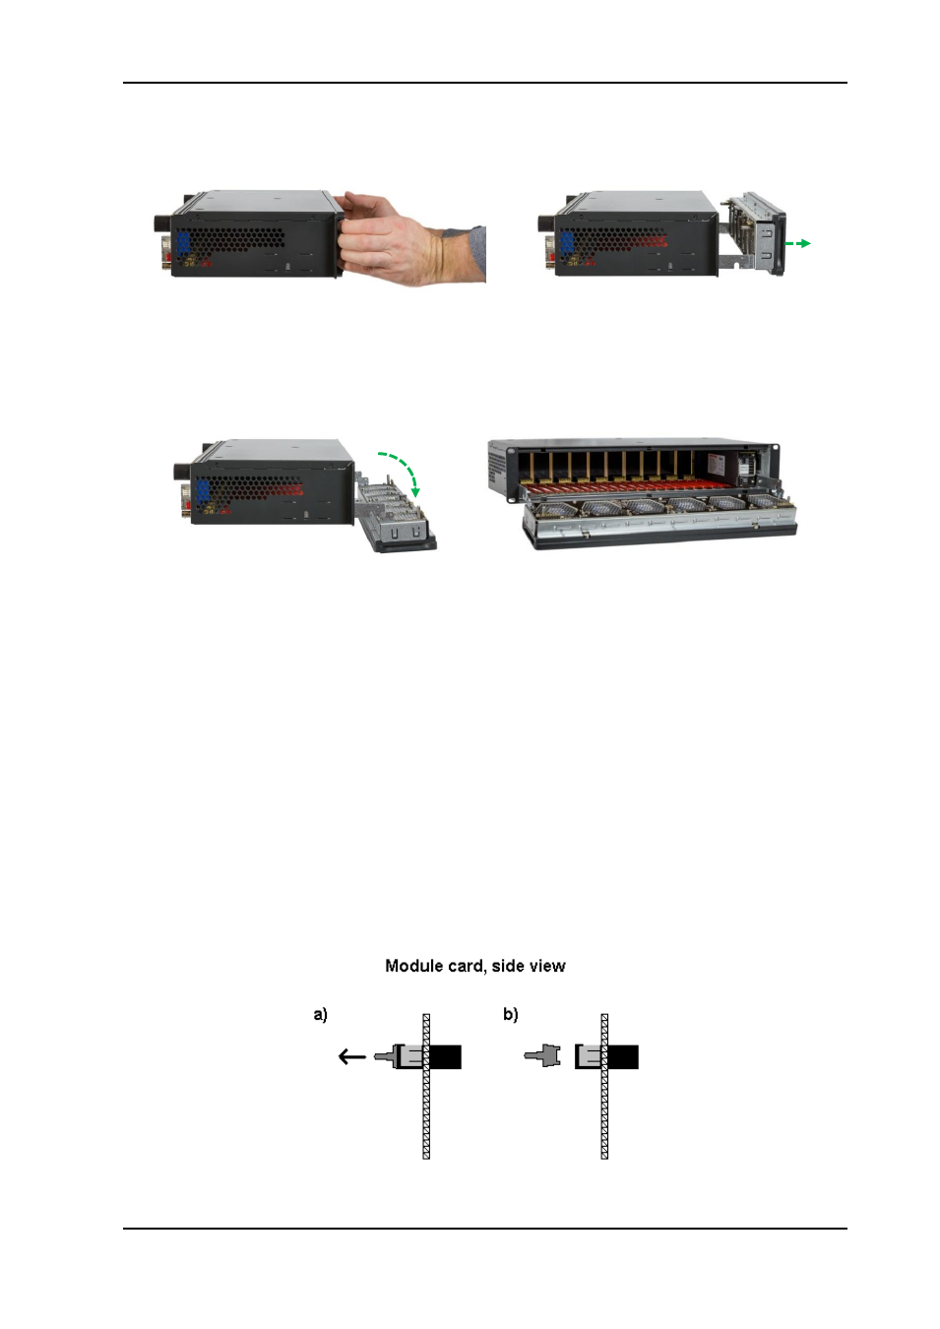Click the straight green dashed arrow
tap(797, 243)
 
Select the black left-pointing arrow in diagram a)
tap(351, 1056)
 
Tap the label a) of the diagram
tap(320, 1015)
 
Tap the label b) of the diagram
tap(511, 1015)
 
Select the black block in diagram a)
tap(445, 1057)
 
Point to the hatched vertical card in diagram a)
tap(426, 1087)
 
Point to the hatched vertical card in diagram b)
tap(604, 1087)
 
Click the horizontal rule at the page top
tap(485, 83)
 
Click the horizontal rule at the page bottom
tap(485, 1229)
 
